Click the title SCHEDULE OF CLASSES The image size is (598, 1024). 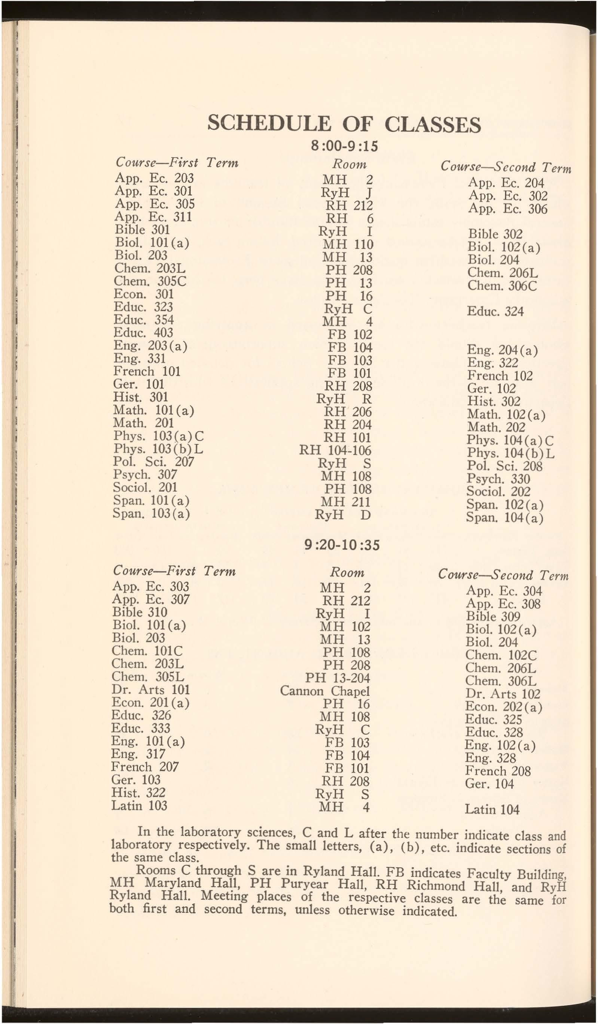tap(344, 124)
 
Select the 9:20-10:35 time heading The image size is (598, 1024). tap(342, 544)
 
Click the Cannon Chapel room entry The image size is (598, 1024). tap(325, 691)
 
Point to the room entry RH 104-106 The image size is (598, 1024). tap(335, 450)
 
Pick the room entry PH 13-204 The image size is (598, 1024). tap(338, 678)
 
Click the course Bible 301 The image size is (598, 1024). tap(142, 229)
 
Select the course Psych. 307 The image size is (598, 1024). tap(145, 474)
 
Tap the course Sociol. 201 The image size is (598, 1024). tap(145, 487)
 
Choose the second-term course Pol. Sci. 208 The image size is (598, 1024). tap(504, 466)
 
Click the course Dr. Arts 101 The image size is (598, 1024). tap(150, 690)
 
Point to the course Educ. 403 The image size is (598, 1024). tap(143, 333)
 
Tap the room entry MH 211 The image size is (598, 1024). tap(345, 502)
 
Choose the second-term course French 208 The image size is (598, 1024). tap(498, 771)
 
